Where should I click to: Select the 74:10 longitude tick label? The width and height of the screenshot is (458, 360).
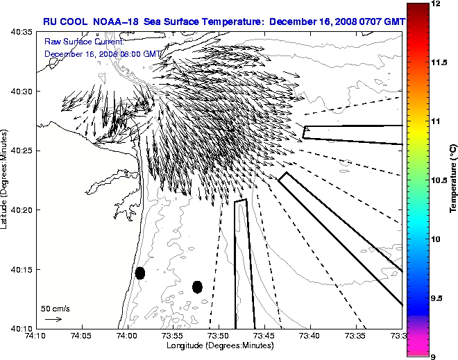point(36,337)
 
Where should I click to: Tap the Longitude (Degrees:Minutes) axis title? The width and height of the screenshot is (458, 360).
point(219,346)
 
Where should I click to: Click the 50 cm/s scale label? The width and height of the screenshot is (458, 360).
point(55,308)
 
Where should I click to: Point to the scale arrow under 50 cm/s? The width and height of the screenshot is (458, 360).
point(53,319)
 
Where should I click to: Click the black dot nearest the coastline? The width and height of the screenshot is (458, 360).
point(140,273)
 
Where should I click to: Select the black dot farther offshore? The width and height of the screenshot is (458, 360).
point(197,286)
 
